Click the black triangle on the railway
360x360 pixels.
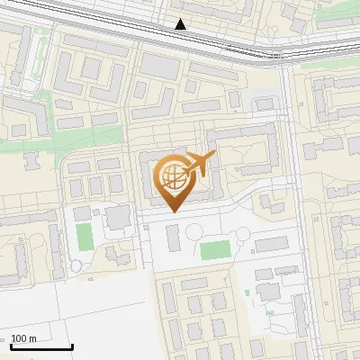pyautogui.click(x=181, y=24)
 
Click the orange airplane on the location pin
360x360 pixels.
pyautogui.click(x=198, y=165)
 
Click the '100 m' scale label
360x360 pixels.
pyautogui.click(x=24, y=338)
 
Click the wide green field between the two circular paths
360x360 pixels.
pyautogui.click(x=214, y=249)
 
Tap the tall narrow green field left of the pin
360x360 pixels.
pyautogui.click(x=84, y=237)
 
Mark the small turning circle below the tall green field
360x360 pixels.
pyautogui.click(x=76, y=265)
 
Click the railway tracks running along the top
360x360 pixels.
pyautogui.click(x=135, y=27)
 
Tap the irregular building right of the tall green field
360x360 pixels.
pyautogui.click(x=117, y=217)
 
